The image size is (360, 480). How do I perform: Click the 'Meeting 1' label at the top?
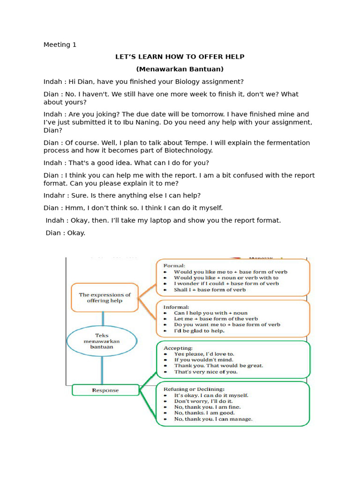click(60, 45)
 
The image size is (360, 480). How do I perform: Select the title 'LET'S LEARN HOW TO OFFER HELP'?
click(180, 57)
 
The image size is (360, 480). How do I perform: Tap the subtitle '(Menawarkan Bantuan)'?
click(180, 69)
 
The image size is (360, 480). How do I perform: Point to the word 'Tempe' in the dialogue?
click(186, 142)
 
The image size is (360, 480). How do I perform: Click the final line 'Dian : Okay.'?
click(66, 232)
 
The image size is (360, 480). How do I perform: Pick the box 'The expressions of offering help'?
click(105, 298)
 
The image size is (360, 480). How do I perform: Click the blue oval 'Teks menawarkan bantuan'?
click(102, 341)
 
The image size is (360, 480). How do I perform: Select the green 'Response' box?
click(105, 390)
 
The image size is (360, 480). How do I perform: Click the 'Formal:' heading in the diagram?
click(174, 265)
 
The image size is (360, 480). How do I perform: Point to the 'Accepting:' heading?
click(178, 348)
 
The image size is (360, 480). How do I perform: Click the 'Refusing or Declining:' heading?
click(194, 389)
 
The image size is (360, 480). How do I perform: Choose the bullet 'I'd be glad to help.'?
click(199, 330)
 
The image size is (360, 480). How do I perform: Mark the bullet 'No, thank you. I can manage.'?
click(213, 419)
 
